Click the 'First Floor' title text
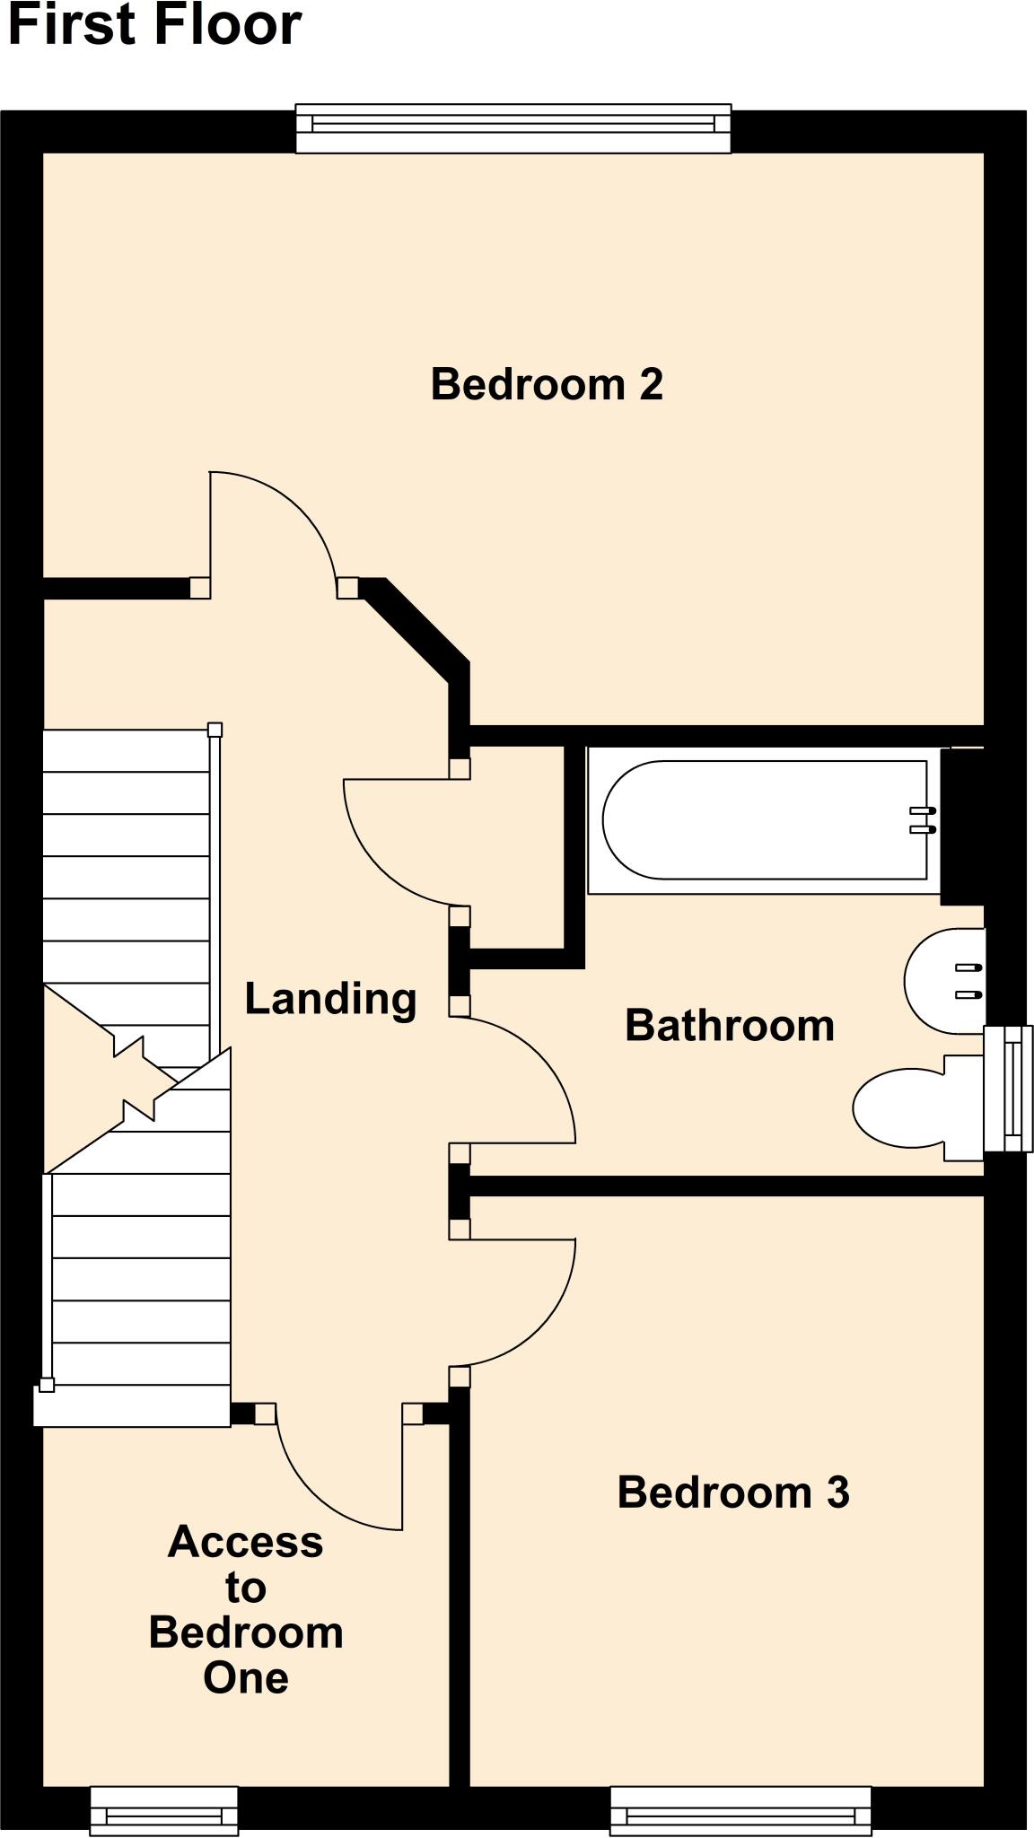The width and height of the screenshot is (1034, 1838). [154, 24]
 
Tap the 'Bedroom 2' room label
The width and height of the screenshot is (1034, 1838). [547, 384]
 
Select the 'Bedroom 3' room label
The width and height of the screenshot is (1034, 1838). [732, 1492]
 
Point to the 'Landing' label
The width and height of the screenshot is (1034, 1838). [330, 998]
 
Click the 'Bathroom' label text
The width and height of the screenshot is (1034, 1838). [729, 1025]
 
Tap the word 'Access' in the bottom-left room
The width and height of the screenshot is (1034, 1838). [245, 1542]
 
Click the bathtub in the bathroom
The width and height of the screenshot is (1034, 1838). [763, 819]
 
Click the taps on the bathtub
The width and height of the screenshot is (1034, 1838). [923, 820]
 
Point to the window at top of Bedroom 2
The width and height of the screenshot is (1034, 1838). [513, 128]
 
